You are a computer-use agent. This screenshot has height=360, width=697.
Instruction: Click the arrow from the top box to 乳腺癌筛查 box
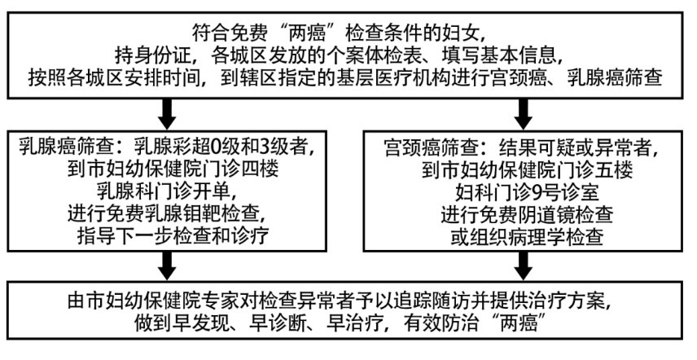pyautogui.click(x=167, y=108)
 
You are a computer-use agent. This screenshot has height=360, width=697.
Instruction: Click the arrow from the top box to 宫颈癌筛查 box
pyautogui.click(x=519, y=108)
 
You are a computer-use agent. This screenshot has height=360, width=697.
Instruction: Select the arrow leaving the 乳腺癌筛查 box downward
pyautogui.click(x=167, y=262)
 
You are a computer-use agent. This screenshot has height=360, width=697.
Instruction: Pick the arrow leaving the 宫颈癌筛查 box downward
pyautogui.click(x=519, y=262)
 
